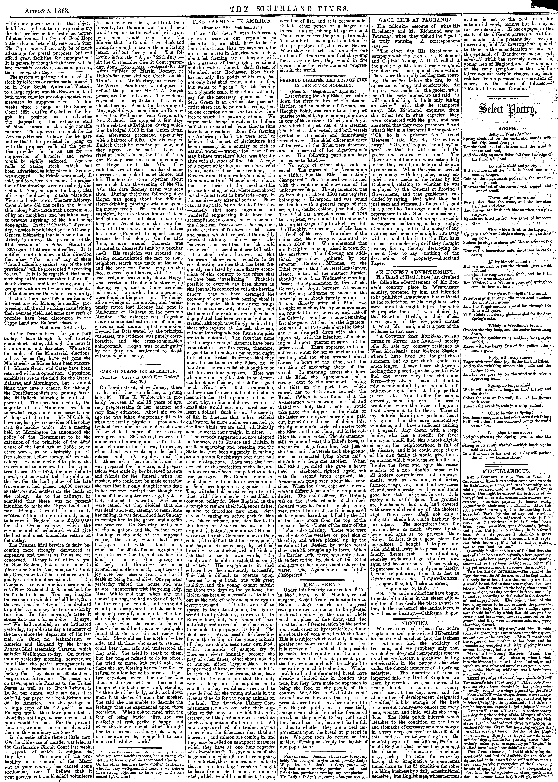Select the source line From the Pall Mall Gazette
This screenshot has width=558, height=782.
click(x=233, y=26)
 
